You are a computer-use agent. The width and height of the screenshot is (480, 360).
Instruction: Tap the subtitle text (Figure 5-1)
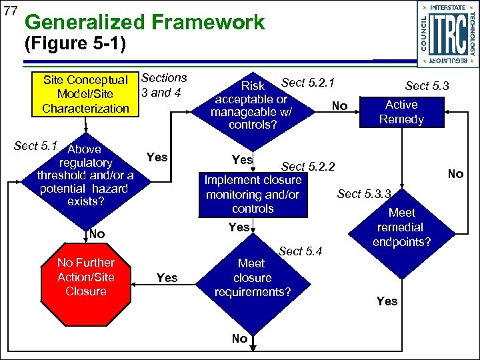[x=73, y=46]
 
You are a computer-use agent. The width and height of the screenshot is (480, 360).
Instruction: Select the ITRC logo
[x=443, y=33]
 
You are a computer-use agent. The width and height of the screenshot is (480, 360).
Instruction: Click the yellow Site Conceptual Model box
[x=85, y=95]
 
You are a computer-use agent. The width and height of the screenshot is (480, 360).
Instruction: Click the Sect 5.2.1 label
[x=307, y=83]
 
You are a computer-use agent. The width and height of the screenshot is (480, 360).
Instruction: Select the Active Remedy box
[x=401, y=112]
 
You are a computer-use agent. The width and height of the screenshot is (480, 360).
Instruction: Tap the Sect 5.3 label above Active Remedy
[x=427, y=85]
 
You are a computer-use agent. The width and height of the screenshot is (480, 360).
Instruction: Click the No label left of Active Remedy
[x=339, y=106]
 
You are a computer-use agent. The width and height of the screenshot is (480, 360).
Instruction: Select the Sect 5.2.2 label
[x=308, y=167]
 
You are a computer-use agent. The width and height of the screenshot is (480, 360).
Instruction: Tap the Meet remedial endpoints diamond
[x=401, y=227]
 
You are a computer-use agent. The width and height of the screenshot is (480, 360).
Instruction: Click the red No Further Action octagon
[x=85, y=277]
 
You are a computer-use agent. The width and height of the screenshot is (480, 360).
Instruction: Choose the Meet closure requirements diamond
[x=253, y=278]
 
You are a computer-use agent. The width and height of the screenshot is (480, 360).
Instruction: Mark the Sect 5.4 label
[x=300, y=251]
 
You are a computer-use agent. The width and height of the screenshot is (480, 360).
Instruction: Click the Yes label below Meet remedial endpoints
[x=387, y=301]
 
